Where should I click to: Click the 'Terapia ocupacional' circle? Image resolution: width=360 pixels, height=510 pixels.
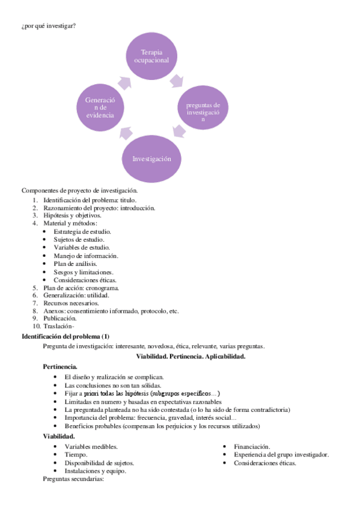coord(151,56)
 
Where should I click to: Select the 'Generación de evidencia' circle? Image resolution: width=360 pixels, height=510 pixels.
coord(100,106)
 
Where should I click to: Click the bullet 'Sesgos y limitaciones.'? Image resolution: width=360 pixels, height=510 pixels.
coord(82,272)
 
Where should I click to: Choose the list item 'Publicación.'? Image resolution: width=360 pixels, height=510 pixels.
coord(60,318)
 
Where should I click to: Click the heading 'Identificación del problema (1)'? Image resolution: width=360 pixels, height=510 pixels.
coord(66,336)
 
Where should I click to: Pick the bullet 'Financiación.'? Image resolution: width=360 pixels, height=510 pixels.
coord(252,447)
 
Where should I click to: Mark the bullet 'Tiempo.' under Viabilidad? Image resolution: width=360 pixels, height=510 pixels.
coord(76,455)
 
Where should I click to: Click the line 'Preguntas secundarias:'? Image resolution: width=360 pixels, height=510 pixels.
coord(73,479)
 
